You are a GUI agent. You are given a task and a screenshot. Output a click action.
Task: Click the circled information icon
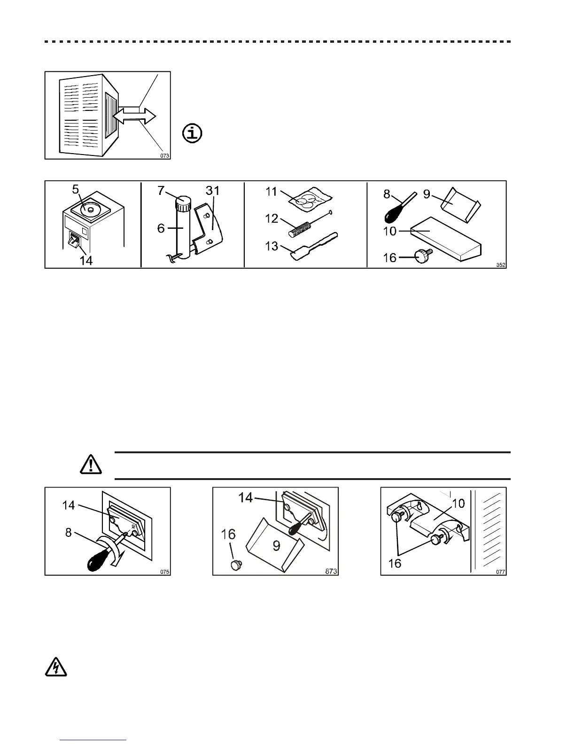point(192,133)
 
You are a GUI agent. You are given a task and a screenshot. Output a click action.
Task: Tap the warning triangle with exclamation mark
point(91,465)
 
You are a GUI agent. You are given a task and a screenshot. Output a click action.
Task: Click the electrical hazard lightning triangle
point(55,667)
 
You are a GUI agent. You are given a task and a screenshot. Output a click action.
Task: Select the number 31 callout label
point(212,191)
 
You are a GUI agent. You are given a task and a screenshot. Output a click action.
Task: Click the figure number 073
point(164,155)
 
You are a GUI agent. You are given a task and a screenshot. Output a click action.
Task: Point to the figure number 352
point(501,265)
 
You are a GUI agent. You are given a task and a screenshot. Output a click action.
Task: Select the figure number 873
point(332,572)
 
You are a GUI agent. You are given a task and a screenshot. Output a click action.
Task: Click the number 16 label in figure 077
point(395,563)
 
